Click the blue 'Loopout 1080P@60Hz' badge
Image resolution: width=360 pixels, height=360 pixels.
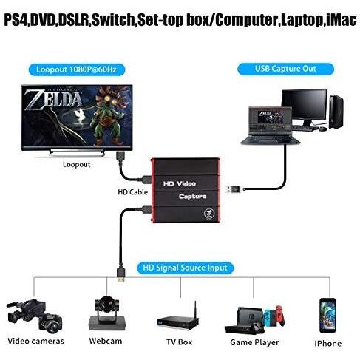click(x=77, y=69)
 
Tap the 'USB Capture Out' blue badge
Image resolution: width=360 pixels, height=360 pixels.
click(x=285, y=69)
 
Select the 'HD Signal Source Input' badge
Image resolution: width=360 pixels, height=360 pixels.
click(x=185, y=268)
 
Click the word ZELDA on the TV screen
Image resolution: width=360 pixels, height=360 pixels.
click(x=54, y=101)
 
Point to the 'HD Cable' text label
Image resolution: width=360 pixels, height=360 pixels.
click(x=133, y=192)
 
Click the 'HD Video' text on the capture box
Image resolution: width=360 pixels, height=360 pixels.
click(x=180, y=183)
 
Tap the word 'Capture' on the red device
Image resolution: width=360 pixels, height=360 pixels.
click(x=193, y=197)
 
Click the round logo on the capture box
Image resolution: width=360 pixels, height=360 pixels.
click(x=209, y=214)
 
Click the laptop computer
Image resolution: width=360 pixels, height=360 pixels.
click(x=271, y=126)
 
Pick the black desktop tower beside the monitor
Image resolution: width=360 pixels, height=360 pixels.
click(x=336, y=112)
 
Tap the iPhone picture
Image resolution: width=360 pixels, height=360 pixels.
click(x=327, y=316)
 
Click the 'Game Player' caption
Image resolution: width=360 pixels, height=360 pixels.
click(x=254, y=342)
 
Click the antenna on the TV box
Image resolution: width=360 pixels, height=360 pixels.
click(x=195, y=310)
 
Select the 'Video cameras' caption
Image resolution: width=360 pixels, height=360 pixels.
click(x=36, y=341)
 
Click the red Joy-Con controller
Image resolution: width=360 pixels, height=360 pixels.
click(x=280, y=316)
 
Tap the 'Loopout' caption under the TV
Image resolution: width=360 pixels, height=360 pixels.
click(x=77, y=165)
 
